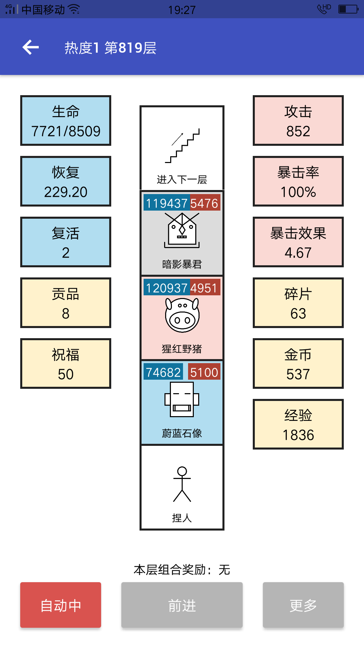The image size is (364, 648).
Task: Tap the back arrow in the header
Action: coord(31,47)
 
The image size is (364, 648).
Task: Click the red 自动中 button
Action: coord(61,605)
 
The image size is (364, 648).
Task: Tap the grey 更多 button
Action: coord(303,605)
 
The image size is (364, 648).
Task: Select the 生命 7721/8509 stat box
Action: coord(66,120)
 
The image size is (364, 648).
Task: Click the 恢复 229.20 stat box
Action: coord(66,181)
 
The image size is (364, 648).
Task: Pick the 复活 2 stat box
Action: coord(66,242)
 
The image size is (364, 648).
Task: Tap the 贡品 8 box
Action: coord(66,303)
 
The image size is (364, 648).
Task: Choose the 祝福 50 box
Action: coord(66,363)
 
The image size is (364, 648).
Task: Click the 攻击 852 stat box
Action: coord(298,120)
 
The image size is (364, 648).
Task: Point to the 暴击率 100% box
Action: coord(298,181)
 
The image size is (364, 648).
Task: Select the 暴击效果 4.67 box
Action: coord(298,242)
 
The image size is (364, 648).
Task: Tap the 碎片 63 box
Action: coord(298,303)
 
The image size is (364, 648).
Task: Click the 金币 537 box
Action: coord(298,363)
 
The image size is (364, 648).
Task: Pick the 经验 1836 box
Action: coord(298,424)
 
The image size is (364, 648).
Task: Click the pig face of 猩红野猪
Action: coord(182,315)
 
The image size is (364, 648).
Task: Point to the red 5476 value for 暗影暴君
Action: coord(205,202)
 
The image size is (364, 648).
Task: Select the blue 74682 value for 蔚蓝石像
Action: coord(163,372)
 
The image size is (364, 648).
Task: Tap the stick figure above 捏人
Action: coord(182,484)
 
